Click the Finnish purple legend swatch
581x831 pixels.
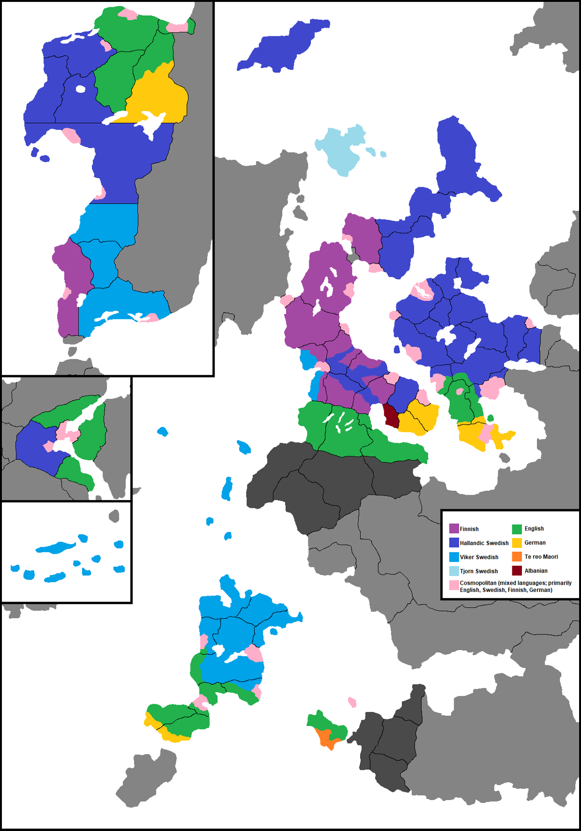454,529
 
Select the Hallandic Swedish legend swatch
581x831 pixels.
454,543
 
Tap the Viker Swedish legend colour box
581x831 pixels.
454,557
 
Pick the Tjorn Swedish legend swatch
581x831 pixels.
454,571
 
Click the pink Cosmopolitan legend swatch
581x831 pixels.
454,585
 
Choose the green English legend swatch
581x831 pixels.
517,529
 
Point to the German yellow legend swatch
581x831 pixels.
517,543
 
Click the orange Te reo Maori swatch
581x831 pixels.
517,557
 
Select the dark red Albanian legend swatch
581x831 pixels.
517,571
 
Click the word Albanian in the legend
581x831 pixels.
536,571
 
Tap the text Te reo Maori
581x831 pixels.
541,557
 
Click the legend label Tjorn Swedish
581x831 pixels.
478,571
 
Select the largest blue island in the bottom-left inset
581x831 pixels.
56,547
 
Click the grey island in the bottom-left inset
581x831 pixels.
114,516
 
